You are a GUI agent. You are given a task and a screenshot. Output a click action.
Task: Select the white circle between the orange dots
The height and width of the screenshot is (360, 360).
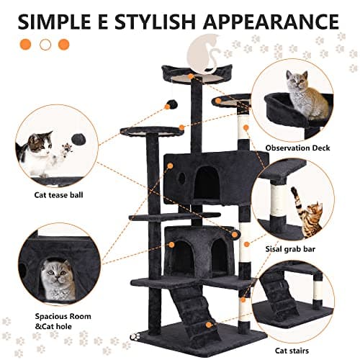coord(45,44)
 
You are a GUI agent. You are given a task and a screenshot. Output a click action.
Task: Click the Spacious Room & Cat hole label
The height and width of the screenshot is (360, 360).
coord(60,320)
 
